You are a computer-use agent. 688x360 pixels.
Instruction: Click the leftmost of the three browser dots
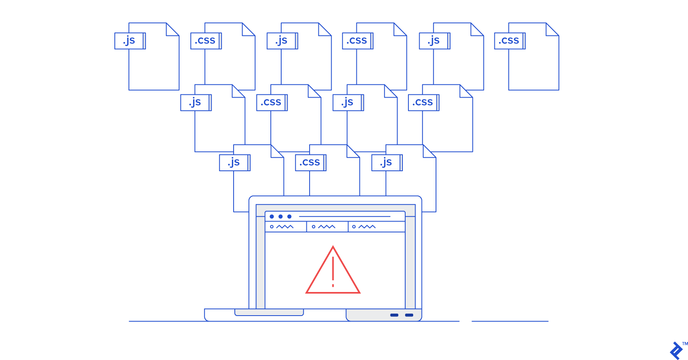(272, 216)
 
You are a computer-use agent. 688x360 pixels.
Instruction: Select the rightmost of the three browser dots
(289, 216)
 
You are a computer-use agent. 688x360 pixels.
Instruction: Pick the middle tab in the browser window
(327, 227)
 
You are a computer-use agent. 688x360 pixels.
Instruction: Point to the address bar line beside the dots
(344, 216)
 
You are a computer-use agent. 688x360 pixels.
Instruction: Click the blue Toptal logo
(676, 351)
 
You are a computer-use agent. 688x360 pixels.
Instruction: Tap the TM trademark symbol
(685, 344)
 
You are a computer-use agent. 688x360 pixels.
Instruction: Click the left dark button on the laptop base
(394, 315)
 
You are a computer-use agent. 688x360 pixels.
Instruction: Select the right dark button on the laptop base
(409, 315)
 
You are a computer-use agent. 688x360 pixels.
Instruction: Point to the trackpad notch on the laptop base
(269, 312)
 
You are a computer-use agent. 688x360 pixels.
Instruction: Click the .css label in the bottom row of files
(310, 162)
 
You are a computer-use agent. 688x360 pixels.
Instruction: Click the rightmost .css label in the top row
(509, 41)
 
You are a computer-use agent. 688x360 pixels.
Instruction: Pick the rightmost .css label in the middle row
(423, 102)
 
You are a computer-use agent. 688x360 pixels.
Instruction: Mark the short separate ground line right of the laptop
(510, 321)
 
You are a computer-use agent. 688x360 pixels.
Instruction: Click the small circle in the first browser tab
(272, 227)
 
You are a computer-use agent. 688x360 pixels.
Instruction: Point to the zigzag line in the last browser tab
(367, 227)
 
